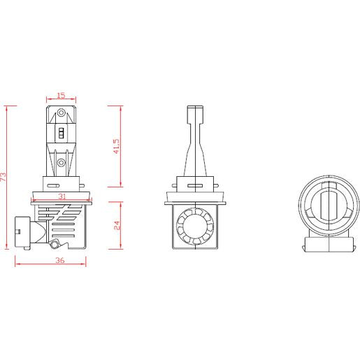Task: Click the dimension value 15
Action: (x=61, y=96)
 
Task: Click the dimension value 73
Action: (x=3, y=177)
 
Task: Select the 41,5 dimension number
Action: (x=116, y=146)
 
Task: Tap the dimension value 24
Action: (x=117, y=225)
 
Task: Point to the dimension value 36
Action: (x=60, y=260)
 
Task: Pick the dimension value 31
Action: (x=62, y=196)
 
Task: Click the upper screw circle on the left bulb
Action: (x=61, y=113)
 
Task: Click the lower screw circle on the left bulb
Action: (x=62, y=162)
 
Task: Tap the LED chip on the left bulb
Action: (x=61, y=133)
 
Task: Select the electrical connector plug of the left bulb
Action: (x=22, y=233)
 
